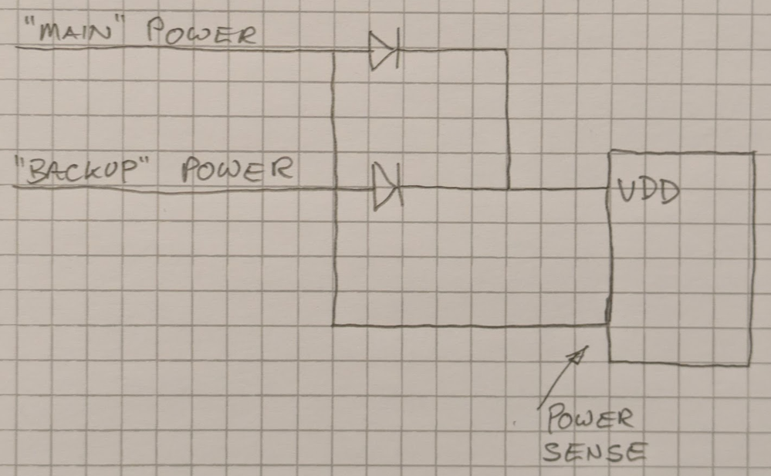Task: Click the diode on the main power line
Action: [x=384, y=51]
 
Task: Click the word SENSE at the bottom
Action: [x=593, y=451]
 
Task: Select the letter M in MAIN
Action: [x=43, y=35]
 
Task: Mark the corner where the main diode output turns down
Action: [x=507, y=51]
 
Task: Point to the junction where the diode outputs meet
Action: [x=507, y=187]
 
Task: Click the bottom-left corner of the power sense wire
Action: [x=333, y=325]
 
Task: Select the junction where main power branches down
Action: [x=333, y=52]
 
